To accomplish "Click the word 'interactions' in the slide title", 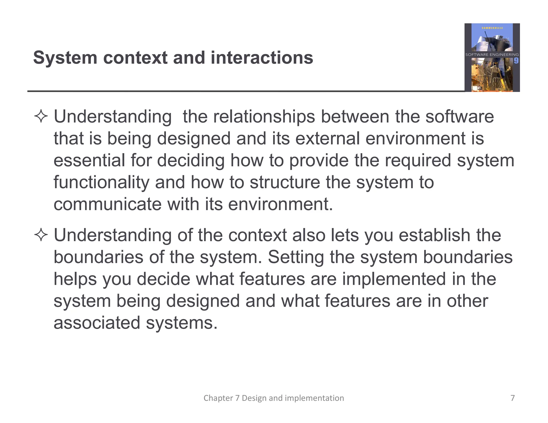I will pyautogui.click(x=262, y=58).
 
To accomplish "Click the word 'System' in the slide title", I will pyautogui.click(x=65, y=58).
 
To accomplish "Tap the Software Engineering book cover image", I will pyautogui.click(x=492, y=57).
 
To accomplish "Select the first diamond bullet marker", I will pyautogui.click(x=41, y=117).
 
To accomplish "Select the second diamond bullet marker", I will pyautogui.click(x=41, y=235).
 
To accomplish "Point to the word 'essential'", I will pyautogui.click(x=89, y=160).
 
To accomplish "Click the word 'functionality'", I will pyautogui.click(x=101, y=182).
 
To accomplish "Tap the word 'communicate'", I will pyautogui.click(x=108, y=204).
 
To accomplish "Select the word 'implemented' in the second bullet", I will pyautogui.click(x=394, y=279).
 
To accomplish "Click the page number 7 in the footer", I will pyautogui.click(x=512, y=398).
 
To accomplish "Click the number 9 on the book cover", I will pyautogui.click(x=516, y=61).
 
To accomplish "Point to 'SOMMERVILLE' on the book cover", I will pyautogui.click(x=492, y=28).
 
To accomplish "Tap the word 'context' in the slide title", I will pyautogui.click(x=135, y=58).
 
